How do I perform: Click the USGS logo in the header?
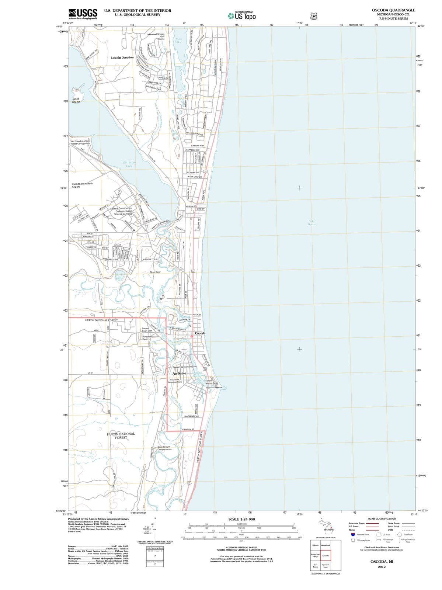83,14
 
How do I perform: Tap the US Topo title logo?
242,16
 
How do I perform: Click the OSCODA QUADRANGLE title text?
393,10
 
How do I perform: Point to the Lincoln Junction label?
122,58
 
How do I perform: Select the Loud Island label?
76,100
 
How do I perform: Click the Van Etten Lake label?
129,164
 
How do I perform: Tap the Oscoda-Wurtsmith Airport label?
82,185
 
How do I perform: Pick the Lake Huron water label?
312,223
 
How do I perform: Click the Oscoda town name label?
200,333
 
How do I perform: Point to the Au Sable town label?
179,373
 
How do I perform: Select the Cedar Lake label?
178,41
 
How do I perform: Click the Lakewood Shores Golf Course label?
156,36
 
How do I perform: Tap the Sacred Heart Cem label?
147,329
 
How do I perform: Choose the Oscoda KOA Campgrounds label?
164,448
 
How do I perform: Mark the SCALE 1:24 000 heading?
241,519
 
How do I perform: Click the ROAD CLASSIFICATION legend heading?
382,518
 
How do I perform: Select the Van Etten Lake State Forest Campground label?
80,142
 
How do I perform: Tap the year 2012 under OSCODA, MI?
382,567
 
